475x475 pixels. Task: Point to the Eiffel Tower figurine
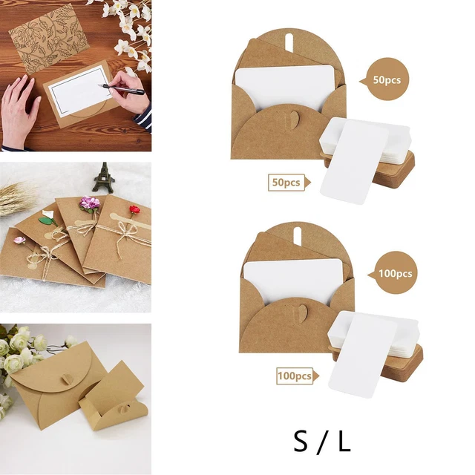tap(104, 178)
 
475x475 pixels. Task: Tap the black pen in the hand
tap(122, 89)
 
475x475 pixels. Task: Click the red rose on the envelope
tap(134, 209)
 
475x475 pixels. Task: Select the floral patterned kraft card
tap(50, 39)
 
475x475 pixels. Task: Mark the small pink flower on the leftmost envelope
tap(20, 240)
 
